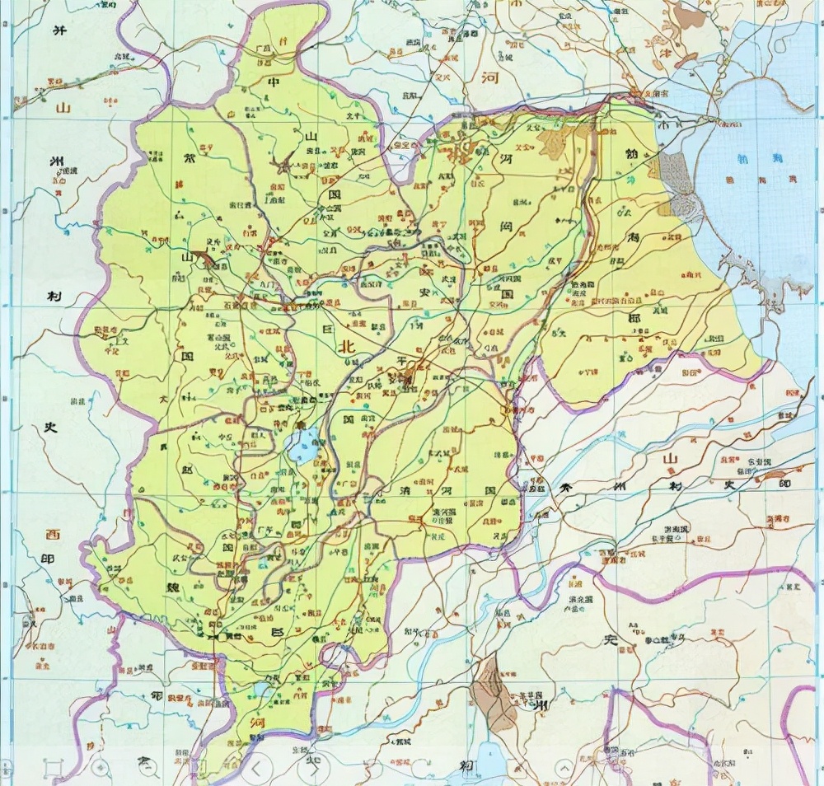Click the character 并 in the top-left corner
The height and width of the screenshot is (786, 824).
click(x=58, y=30)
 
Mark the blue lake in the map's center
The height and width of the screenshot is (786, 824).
click(x=302, y=446)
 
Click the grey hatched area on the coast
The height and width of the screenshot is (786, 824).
click(x=677, y=182)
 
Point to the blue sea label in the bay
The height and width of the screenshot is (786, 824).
click(x=747, y=162)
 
